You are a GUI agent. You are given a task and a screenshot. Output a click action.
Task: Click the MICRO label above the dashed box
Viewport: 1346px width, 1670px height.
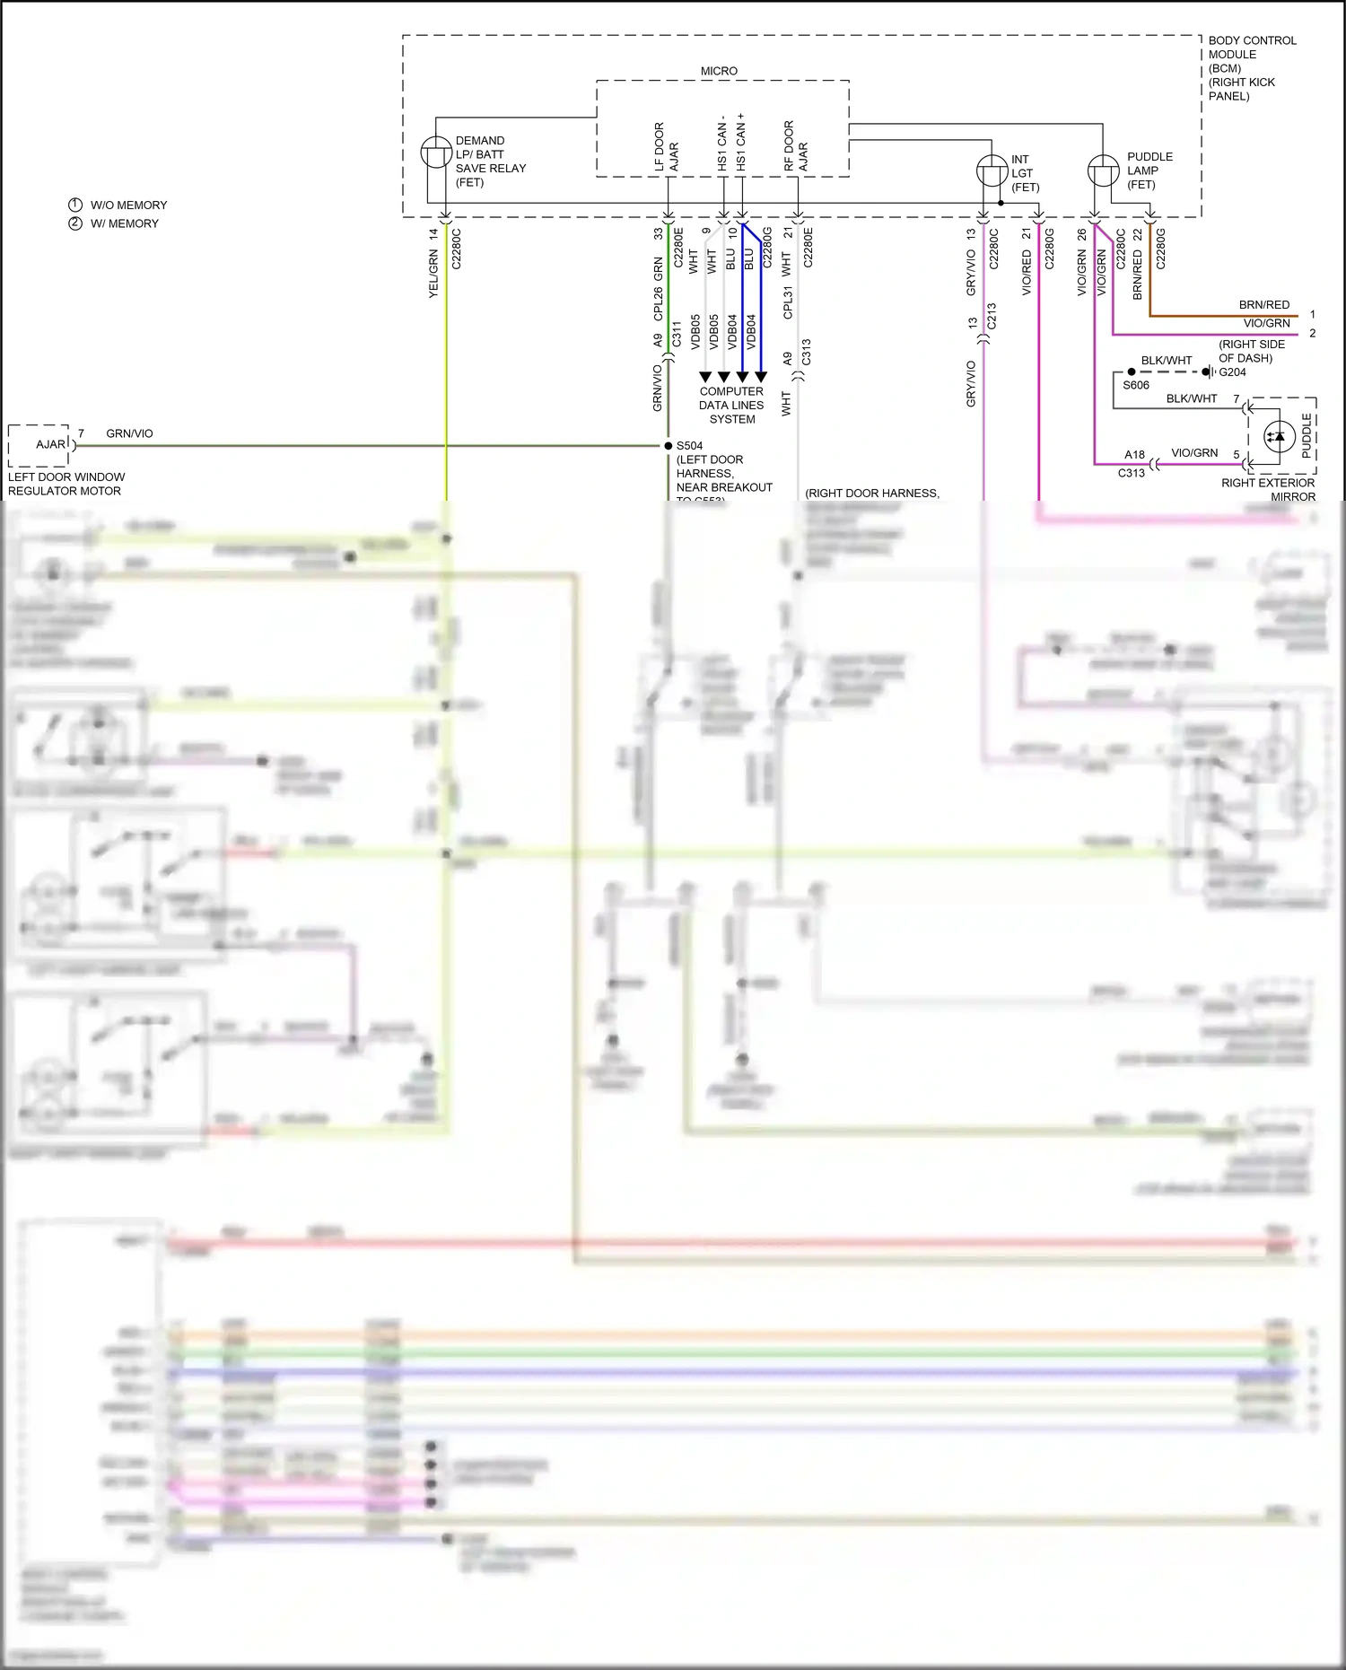click(x=719, y=71)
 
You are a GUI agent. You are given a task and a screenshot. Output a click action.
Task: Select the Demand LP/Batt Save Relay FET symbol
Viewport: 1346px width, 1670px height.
click(x=436, y=153)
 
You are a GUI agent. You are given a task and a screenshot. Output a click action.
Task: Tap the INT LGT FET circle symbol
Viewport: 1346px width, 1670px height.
click(x=992, y=170)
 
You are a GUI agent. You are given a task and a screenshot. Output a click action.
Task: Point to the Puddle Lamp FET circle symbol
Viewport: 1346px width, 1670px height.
click(x=1103, y=170)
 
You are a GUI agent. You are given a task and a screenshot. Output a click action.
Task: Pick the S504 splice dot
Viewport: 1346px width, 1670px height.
click(x=668, y=446)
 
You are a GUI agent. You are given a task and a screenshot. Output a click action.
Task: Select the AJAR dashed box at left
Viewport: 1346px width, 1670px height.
click(x=39, y=445)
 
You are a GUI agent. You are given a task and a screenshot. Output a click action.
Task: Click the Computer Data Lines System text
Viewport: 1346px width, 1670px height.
click(x=731, y=405)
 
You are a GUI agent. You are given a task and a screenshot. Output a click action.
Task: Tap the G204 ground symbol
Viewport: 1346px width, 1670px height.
click(x=1211, y=372)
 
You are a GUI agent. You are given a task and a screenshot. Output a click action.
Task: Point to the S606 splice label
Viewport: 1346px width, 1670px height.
click(x=1136, y=385)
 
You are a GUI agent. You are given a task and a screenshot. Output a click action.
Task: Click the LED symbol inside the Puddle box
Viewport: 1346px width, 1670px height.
click(x=1278, y=437)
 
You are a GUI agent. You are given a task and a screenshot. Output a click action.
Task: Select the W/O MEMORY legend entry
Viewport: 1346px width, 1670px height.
click(x=118, y=205)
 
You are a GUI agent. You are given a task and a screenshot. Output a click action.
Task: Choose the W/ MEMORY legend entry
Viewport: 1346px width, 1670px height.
click(x=114, y=223)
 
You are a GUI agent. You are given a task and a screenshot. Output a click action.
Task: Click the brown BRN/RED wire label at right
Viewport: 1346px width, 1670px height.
click(x=1263, y=305)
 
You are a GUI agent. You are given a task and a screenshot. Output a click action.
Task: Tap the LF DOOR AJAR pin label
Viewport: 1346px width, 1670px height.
click(x=666, y=148)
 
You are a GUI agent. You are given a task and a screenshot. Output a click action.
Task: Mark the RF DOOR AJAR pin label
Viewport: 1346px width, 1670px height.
click(x=796, y=146)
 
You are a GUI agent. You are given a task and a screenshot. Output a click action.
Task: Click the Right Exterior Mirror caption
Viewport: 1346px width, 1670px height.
click(x=1268, y=489)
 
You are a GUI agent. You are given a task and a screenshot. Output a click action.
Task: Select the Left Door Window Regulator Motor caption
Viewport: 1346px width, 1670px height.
click(x=66, y=484)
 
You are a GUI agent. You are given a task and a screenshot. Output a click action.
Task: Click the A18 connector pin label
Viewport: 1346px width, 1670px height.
click(x=1134, y=455)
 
